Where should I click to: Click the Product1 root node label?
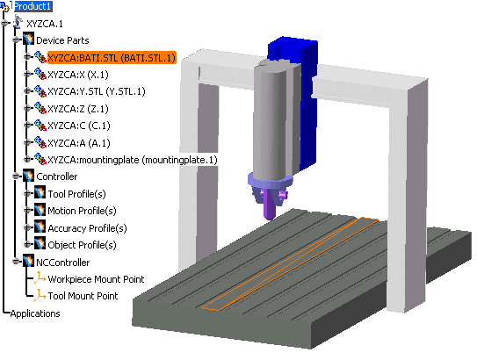tap(33, 6)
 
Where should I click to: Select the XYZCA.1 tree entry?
tap(45, 24)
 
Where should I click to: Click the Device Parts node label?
tap(62, 40)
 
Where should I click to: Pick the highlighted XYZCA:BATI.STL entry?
tap(112, 58)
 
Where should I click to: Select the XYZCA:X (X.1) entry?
tap(78, 75)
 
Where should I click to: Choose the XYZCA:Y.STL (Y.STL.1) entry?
tap(97, 91)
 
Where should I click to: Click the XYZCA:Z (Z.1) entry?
tap(78, 109)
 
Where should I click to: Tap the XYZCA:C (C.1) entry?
tap(79, 126)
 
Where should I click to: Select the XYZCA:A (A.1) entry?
tap(79, 143)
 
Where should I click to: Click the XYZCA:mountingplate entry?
tap(133, 160)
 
